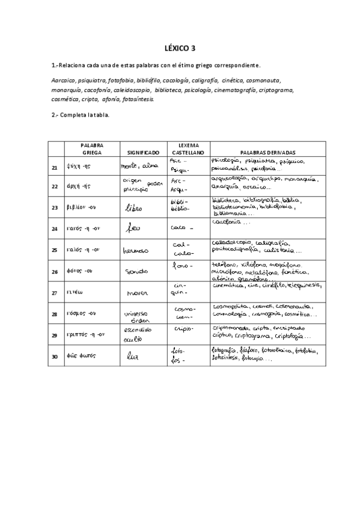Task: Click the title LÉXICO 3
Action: [x=180, y=48]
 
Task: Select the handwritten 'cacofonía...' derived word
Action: [x=233, y=222]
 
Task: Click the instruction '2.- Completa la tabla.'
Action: [x=80, y=114]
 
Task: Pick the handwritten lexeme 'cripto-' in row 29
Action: [x=183, y=329]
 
